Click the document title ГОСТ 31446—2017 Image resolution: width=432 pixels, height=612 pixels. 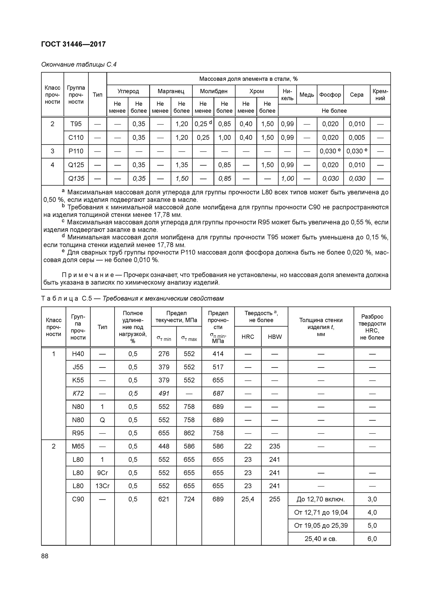[x=74, y=44]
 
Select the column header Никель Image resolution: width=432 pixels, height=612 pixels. [x=287, y=95]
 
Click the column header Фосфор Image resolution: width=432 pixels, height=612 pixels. [x=330, y=95]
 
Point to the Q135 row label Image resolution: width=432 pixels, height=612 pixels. [x=76, y=178]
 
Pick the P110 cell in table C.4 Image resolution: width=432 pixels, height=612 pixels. [x=76, y=151]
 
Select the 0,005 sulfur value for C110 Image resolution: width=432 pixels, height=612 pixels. [x=357, y=137]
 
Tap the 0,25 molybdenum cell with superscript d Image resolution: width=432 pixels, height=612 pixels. [x=203, y=124]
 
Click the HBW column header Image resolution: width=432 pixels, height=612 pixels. [x=275, y=337]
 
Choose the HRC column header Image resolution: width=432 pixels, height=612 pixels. [x=248, y=337]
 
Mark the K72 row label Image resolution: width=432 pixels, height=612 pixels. [x=78, y=394]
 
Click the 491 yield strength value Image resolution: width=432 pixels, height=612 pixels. [x=164, y=394]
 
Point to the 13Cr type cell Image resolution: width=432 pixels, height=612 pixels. [x=102, y=486]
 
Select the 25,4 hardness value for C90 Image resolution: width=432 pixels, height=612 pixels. [x=248, y=499]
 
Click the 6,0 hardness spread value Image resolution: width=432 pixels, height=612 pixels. [x=372, y=539]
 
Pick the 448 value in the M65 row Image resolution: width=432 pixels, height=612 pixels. [x=164, y=446]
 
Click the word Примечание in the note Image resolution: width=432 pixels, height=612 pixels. [x=88, y=275]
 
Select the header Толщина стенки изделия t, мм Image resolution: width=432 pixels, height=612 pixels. [x=321, y=327]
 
